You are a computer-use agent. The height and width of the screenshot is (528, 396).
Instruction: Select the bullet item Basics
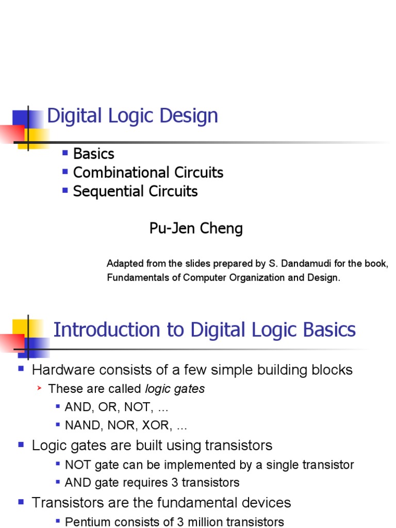pyautogui.click(x=93, y=154)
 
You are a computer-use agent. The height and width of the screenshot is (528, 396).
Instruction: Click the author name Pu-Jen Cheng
pyautogui.click(x=196, y=228)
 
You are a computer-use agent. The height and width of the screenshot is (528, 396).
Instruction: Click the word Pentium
pyautogui.click(x=85, y=521)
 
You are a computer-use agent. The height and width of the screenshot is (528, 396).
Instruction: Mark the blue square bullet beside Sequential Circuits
pyautogui.click(x=65, y=190)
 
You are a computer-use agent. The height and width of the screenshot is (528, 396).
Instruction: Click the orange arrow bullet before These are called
pyautogui.click(x=39, y=388)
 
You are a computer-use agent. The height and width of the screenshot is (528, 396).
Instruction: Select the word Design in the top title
pyautogui.click(x=195, y=115)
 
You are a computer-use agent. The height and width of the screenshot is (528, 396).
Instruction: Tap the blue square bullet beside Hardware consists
pyautogui.click(x=21, y=369)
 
